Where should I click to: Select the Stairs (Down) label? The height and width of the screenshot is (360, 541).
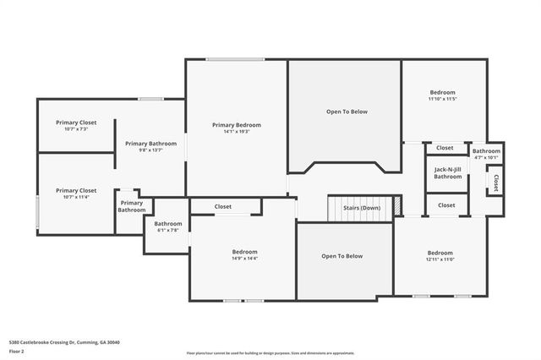361,208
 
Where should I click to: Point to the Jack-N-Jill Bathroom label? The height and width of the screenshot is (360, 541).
447,173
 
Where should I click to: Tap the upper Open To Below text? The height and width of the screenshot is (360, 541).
347,112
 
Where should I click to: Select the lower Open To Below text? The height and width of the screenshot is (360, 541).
342,256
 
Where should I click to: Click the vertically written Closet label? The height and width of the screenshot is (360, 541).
495,183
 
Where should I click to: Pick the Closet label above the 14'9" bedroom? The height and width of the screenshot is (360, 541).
223,206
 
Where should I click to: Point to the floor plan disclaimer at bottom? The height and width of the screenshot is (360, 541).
270,352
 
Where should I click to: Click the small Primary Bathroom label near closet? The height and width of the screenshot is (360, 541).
131,206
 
